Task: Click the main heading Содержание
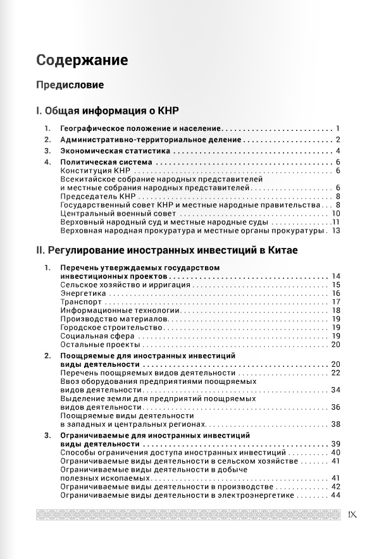(82, 60)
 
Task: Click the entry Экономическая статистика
(116, 151)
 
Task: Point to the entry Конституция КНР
(94, 171)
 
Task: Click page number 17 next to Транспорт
(336, 302)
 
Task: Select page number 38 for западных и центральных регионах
(336, 424)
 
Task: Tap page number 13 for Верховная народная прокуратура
(336, 230)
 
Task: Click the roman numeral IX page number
(352, 514)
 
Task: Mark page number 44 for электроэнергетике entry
(336, 495)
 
